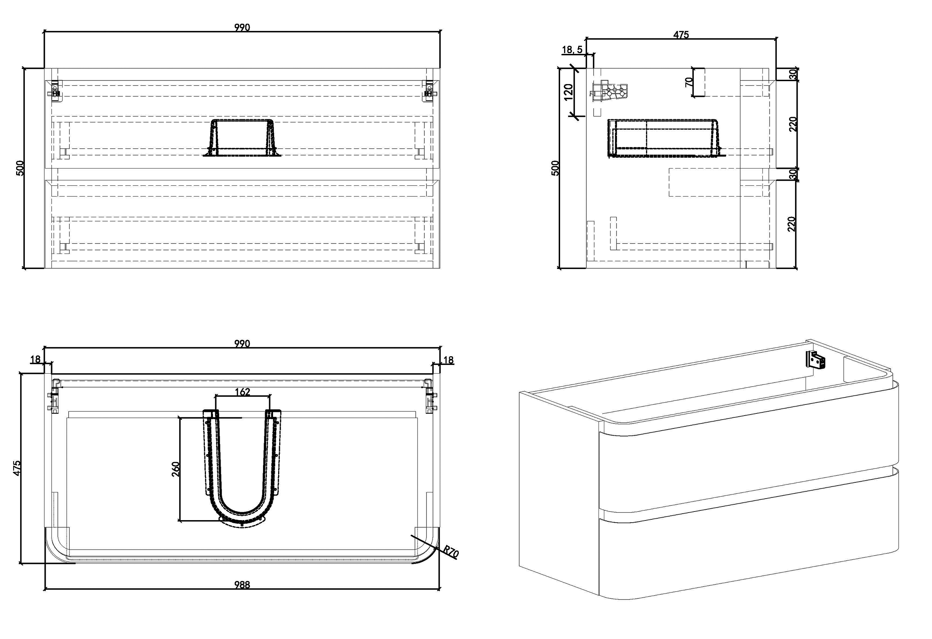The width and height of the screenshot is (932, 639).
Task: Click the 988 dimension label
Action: click(242, 585)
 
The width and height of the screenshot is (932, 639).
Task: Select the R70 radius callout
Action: click(451, 552)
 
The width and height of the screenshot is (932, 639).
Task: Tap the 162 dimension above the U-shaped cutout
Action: click(242, 392)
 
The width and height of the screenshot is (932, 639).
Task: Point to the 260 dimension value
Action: click(176, 469)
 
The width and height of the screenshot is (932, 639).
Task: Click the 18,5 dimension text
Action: click(572, 50)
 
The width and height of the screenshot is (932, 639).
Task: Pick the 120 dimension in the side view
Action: click(568, 92)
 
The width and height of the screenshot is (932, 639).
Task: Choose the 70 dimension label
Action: click(688, 82)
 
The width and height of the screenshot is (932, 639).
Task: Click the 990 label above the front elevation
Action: click(242, 27)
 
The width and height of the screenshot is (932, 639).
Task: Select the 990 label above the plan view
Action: click(242, 343)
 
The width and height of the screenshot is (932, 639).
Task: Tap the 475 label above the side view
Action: click(681, 35)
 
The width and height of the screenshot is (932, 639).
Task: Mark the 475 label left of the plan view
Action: click(17, 468)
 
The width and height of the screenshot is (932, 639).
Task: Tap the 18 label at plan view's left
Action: click(35, 359)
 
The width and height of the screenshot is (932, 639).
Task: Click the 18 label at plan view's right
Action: click(448, 360)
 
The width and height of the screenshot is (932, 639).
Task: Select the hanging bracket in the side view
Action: click(610, 93)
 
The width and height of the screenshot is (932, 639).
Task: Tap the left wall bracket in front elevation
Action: click(55, 90)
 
